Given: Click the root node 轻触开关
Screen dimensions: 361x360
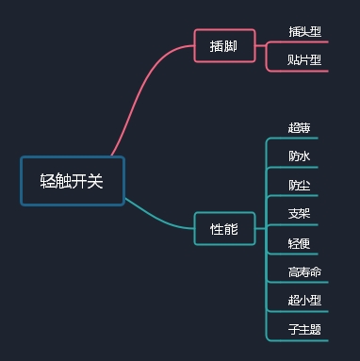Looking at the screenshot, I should (x=72, y=181).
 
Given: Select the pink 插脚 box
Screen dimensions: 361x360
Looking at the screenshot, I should (x=224, y=45).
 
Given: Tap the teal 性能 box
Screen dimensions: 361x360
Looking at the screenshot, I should (x=224, y=228).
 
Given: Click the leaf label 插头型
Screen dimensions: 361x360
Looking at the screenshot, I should (x=304, y=31).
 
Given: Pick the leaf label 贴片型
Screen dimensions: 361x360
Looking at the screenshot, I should (x=304, y=60).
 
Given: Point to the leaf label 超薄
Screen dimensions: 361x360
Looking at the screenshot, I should (x=300, y=127).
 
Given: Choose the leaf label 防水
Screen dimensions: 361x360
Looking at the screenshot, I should (x=300, y=156).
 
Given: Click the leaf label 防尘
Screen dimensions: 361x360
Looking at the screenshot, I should (x=300, y=184).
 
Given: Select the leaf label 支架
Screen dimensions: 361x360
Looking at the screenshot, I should (x=300, y=213).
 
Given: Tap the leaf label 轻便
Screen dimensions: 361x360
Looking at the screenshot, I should (x=300, y=243).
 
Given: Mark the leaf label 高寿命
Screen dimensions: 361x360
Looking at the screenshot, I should (x=304, y=272).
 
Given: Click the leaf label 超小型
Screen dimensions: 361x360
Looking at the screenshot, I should (x=304, y=301).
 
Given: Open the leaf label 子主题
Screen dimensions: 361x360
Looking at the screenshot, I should (x=304, y=329).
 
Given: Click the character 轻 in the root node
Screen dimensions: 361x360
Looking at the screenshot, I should (x=47, y=181).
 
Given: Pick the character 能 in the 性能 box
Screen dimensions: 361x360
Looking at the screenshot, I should (x=231, y=228).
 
